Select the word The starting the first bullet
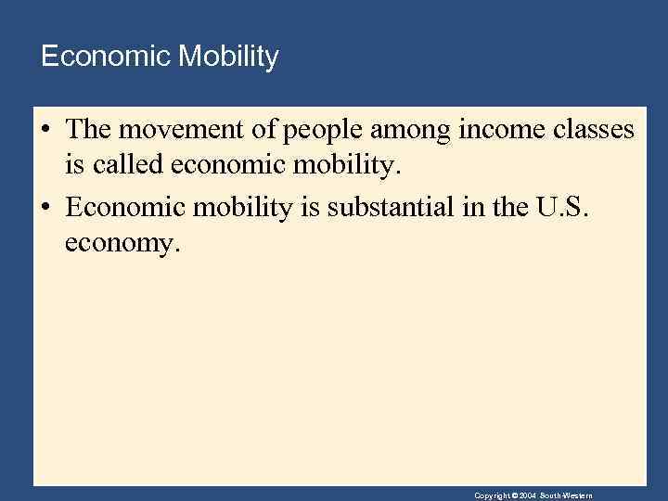coord(89,130)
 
